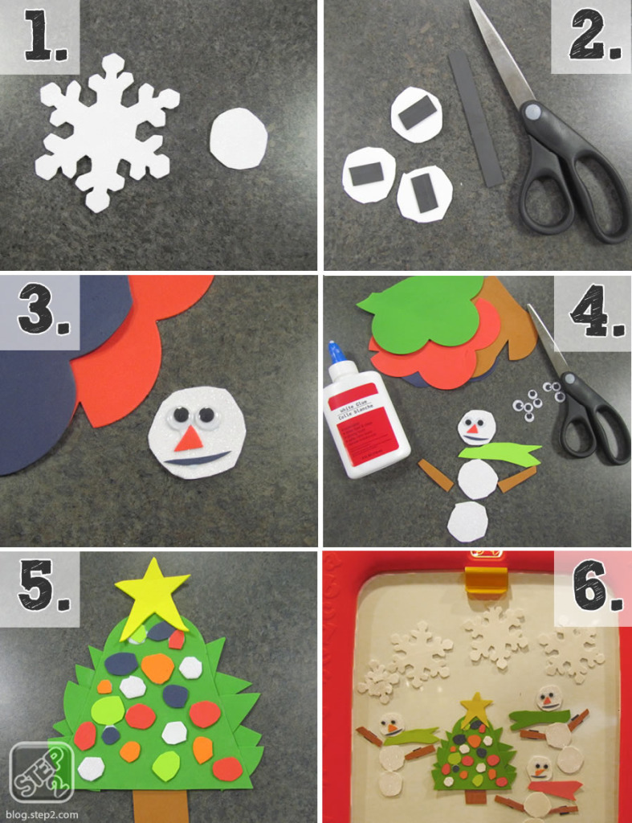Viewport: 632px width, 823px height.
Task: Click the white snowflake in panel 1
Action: pos(107,131)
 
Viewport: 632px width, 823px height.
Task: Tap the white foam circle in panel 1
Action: pos(239,139)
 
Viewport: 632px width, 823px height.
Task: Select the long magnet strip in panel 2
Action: pos(475,117)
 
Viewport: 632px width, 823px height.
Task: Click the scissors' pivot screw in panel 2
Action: pos(531,111)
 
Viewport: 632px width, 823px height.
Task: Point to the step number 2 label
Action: pos(595,39)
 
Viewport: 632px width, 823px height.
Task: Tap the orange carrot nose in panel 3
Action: pos(190,438)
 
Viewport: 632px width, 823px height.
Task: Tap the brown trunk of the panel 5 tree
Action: pos(160,805)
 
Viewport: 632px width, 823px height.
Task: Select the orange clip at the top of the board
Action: pos(487,579)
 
